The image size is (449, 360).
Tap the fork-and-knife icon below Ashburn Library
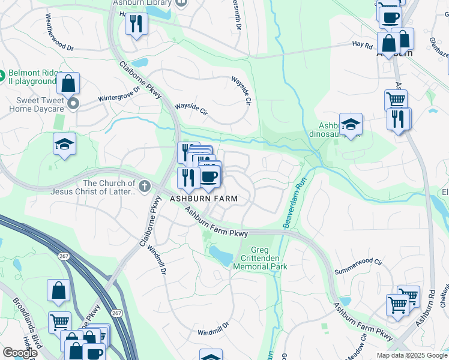tap(136, 24)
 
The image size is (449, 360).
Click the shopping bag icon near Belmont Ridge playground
tap(69, 83)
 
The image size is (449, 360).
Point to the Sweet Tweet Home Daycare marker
tap(74, 104)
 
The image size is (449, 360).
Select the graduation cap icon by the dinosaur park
tap(351, 124)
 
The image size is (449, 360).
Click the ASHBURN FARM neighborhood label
tap(204, 199)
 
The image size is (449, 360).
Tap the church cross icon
tap(144, 187)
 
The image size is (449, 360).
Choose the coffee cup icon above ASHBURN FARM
tap(209, 177)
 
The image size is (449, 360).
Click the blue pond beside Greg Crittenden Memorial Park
tap(220, 256)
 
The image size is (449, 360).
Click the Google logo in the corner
tap(19, 353)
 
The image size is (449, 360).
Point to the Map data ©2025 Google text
tap(411, 355)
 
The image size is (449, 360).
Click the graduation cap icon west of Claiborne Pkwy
tap(64, 144)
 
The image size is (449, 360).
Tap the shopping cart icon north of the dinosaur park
tap(396, 100)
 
